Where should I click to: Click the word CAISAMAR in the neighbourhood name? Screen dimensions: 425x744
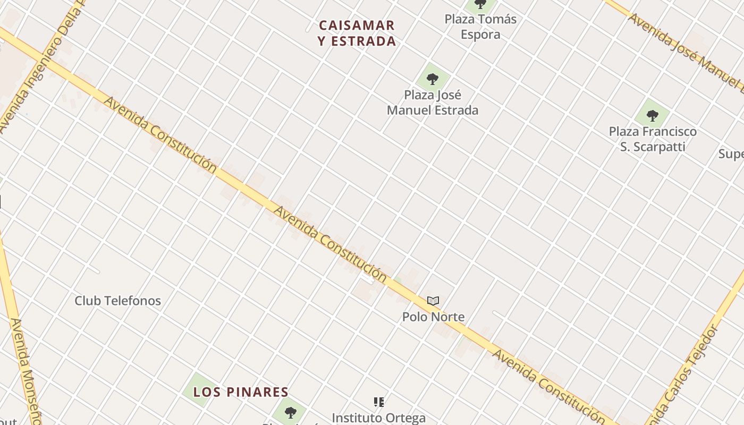tap(357, 25)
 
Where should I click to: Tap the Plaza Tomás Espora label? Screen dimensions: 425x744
tap(480, 27)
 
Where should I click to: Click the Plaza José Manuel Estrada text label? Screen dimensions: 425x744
tap(433, 103)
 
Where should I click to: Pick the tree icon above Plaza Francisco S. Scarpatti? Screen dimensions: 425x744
tap(652, 115)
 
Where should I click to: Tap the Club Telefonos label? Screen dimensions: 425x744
tap(117, 301)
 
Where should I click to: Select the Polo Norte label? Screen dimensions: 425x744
tap(433, 317)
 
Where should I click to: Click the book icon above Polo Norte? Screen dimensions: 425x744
tap(433, 301)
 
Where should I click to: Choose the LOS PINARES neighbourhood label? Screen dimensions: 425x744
tap(241, 392)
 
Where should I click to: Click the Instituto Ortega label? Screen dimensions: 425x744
tap(378, 418)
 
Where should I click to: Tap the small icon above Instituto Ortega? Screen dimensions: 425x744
tap(379, 402)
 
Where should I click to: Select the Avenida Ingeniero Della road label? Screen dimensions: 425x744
tap(40, 66)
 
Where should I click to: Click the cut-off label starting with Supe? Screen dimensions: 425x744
tap(731, 154)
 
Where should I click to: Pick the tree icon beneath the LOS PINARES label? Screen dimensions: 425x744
tap(290, 412)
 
